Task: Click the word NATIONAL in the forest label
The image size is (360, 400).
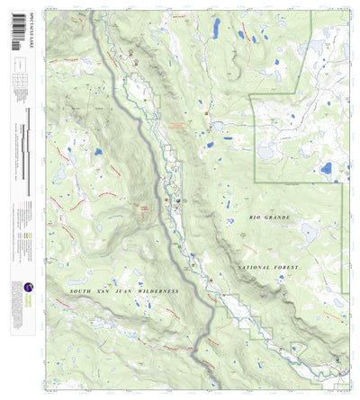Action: [x=257, y=269]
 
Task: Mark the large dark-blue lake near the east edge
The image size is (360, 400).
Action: [x=325, y=168]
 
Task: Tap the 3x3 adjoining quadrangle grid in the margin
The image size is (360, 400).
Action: [x=20, y=81]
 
